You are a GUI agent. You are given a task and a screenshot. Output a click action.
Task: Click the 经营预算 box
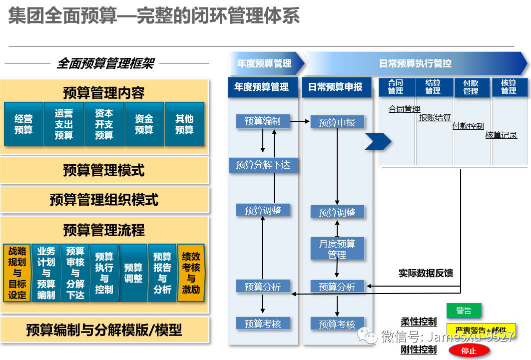[23, 124]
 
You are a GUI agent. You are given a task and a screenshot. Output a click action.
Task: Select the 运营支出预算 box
[63, 124]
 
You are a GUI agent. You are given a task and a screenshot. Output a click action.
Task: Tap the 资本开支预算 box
[104, 124]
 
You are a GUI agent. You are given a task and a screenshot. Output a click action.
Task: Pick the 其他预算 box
[184, 124]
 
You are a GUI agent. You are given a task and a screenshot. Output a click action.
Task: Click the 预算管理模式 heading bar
[104, 170]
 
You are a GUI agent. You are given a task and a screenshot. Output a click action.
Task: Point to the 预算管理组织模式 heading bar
[104, 200]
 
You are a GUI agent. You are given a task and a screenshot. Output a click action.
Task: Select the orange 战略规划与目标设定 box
[17, 273]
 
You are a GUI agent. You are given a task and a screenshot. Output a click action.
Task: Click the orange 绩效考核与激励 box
[191, 273]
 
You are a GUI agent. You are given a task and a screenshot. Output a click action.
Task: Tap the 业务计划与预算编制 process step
[46, 273]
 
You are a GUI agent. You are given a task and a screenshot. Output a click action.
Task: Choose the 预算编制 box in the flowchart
[263, 121]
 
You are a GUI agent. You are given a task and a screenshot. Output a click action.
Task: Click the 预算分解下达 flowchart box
[263, 165]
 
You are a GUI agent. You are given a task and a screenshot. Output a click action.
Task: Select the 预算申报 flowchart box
[337, 122]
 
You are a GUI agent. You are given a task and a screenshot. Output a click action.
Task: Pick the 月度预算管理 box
[337, 249]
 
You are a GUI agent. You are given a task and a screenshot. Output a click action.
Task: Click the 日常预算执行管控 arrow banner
[415, 63]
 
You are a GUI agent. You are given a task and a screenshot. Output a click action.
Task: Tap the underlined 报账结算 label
[435, 118]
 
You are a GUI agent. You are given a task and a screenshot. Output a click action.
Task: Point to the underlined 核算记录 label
[501, 135]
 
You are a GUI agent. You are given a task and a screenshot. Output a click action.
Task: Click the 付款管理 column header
[471, 87]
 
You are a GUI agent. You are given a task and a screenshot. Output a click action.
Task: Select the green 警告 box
[464, 311]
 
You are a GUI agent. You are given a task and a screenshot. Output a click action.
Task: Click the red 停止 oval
[469, 351]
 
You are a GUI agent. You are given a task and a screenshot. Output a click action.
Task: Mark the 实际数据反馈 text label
[426, 273]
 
